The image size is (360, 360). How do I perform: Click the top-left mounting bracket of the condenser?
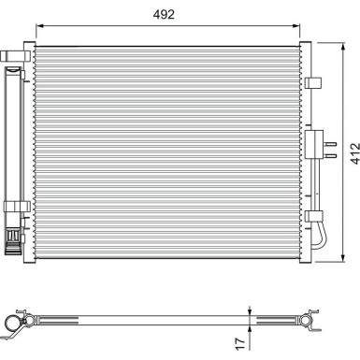pos(13,59)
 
